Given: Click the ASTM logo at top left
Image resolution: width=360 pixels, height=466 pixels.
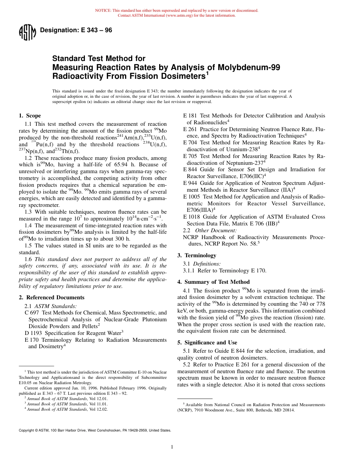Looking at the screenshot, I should click(27, 33).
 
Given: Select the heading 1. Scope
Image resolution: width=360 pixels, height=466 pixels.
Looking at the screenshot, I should click(30, 116).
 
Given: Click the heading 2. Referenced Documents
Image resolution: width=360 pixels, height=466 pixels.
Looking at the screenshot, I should click(52, 297).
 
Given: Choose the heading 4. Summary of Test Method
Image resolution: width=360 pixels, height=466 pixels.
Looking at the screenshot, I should click(213, 282).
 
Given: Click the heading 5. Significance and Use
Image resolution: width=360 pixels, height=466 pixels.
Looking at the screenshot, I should click(207, 342).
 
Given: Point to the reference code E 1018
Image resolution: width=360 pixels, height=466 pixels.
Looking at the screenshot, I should click(192, 217).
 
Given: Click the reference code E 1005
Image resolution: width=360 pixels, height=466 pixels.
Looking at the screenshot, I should click(192, 197).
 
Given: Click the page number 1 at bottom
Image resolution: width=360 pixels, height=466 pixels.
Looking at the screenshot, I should click(172, 447).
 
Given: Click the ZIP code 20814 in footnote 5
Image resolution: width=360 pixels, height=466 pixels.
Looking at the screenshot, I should click(288, 410).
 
